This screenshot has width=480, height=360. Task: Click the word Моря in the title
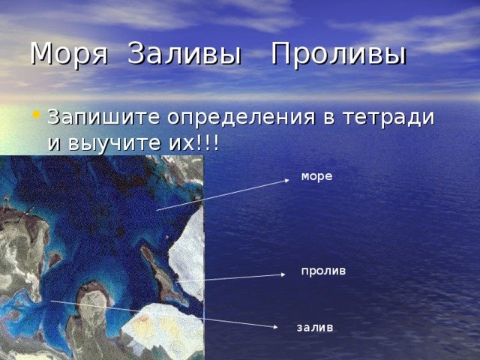coord(69,54)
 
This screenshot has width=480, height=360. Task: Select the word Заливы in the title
coord(184,53)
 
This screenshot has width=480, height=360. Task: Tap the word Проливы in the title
coord(339,54)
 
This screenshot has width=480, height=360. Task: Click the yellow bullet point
coord(36,115)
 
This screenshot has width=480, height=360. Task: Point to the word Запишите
coord(103,117)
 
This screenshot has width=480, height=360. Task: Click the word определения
coord(241,118)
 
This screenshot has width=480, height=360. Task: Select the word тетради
coord(388,118)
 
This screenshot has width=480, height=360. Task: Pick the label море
coord(316,176)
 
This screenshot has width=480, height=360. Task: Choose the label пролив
coord(323,271)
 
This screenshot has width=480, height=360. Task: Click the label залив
coord(315,328)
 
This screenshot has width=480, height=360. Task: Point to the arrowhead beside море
coord(286,180)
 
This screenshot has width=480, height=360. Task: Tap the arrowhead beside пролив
coord(283,274)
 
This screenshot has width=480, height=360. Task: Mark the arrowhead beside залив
coord(275,327)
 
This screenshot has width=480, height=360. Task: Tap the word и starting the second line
coord(54,143)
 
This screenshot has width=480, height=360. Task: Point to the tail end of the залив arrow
coord(50,301)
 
